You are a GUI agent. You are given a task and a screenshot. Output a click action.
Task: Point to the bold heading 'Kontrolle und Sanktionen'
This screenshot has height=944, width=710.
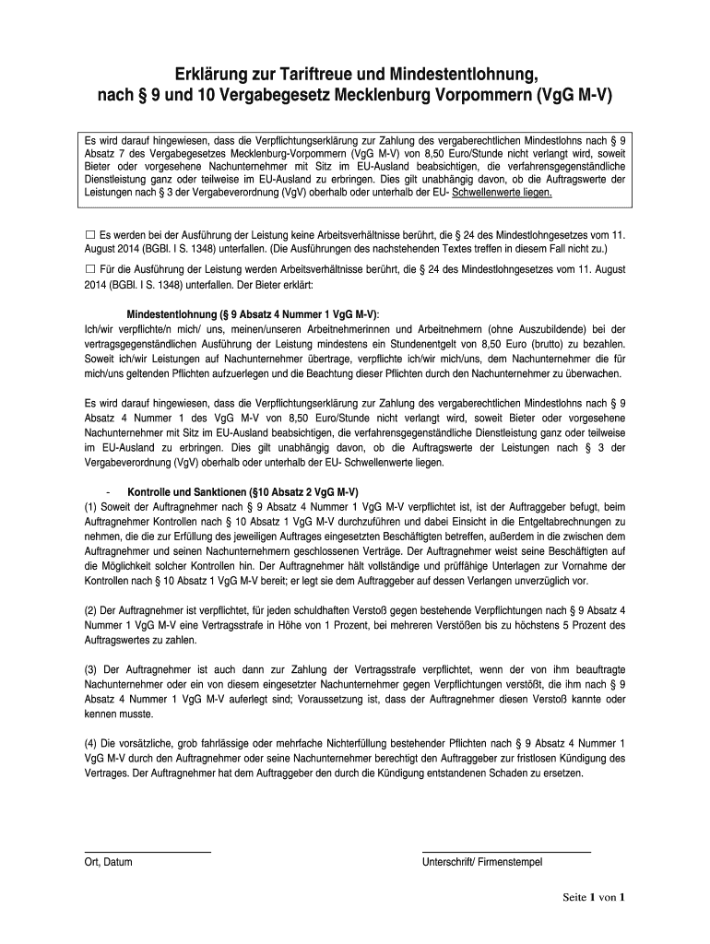(242, 490)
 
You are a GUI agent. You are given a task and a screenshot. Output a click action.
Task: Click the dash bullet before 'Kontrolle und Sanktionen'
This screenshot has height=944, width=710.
(109, 490)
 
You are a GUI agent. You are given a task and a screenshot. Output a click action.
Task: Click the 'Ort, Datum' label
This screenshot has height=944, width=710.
(108, 863)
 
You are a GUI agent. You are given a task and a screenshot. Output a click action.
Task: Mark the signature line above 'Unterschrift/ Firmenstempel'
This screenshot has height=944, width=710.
(505, 851)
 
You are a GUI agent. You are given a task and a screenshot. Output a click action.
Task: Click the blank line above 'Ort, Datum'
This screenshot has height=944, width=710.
(148, 851)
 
